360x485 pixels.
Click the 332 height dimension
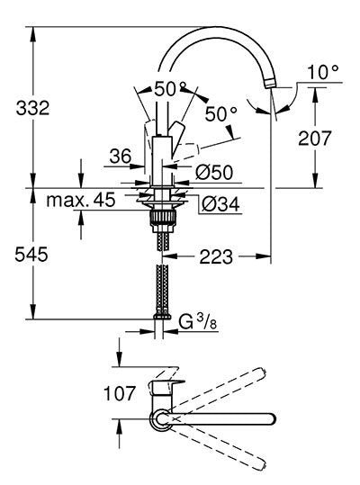click(x=32, y=108)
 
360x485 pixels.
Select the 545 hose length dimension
click(x=31, y=255)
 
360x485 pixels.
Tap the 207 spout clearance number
click(x=314, y=138)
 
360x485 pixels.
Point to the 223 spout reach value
click(x=216, y=256)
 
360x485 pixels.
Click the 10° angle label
click(x=323, y=72)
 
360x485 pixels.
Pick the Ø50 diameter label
click(x=214, y=172)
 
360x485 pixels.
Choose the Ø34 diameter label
click(x=220, y=204)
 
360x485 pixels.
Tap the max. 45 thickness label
click(x=81, y=200)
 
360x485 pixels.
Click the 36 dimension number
click(x=121, y=156)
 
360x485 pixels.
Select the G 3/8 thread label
click(x=198, y=322)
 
